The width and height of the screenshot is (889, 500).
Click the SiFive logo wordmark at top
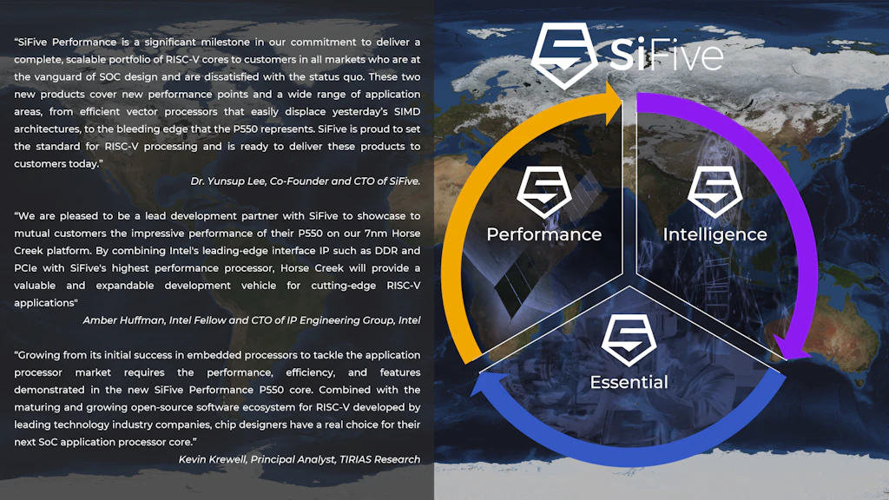pos(665,54)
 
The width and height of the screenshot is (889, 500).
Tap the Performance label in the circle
pos(543,234)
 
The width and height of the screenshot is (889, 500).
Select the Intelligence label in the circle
pos(714,234)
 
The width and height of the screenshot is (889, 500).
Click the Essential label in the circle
pos(629,382)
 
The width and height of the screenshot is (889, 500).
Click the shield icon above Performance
pos(543,194)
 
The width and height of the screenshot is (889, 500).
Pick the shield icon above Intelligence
pos(714,194)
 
